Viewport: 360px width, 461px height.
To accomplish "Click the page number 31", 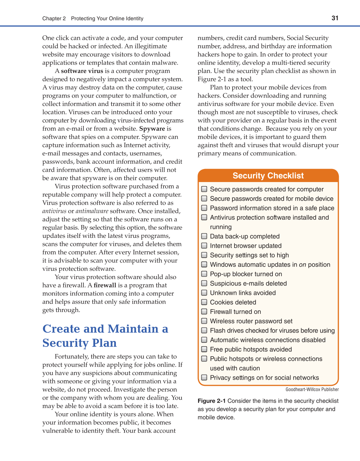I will click(335, 18).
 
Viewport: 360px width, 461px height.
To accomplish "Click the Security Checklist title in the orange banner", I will click(268, 175).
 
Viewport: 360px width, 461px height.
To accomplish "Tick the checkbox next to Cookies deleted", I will click(204, 302).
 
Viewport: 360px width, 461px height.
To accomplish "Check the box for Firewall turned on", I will click(204, 311).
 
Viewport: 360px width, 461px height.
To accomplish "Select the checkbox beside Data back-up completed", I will click(204, 236).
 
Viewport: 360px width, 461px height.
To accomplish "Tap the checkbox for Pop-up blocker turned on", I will click(204, 274).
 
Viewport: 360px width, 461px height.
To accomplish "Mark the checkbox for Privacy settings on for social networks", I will click(204, 377).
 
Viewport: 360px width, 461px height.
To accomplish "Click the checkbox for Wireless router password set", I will click(204, 321).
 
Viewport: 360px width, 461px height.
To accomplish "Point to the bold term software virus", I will click(82, 71).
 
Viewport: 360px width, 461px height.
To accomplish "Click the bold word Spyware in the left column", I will click(152, 129).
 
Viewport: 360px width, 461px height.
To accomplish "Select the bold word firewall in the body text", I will click(105, 285).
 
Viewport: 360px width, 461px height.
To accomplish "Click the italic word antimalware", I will click(92, 211).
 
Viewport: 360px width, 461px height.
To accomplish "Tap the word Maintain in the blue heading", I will click(133, 329).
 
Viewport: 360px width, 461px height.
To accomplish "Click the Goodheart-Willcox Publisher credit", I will click(312, 389).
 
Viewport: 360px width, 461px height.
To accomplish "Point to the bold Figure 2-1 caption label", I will click(211, 401).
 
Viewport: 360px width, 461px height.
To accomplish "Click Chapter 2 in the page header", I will click(54, 18).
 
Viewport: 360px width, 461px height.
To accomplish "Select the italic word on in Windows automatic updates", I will click(302, 265).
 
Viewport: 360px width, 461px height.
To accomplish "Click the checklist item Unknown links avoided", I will click(243, 293).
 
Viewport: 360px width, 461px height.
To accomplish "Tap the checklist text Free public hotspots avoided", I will click(251, 349).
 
